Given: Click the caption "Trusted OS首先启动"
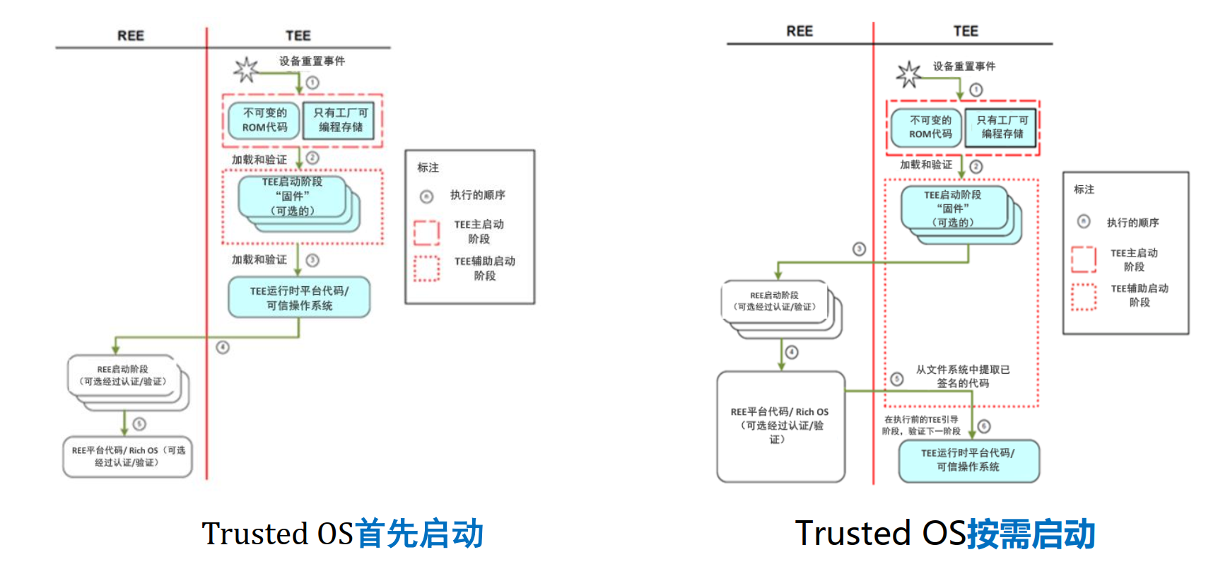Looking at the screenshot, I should click(342, 534).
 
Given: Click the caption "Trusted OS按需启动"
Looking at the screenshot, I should click(944, 534).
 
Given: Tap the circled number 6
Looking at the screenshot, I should click(984, 426).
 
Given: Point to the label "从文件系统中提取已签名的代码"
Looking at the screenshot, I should click(963, 376).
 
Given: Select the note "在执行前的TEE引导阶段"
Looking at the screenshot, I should click(921, 425).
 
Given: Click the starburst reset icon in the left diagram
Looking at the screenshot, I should click(246, 70).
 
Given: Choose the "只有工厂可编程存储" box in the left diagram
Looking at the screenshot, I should click(340, 120).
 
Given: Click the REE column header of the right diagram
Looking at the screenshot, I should click(799, 31).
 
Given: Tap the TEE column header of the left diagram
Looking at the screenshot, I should click(298, 35).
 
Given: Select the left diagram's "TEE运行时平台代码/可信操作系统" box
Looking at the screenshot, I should click(299, 298).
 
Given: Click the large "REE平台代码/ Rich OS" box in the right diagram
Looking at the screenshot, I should click(780, 426).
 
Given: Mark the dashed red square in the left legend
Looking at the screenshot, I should click(426, 232).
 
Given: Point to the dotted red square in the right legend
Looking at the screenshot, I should click(1084, 296).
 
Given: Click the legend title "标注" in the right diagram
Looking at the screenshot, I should click(1084, 189).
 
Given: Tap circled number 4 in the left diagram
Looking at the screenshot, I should click(223, 347).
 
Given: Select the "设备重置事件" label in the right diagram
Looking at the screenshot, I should click(963, 66).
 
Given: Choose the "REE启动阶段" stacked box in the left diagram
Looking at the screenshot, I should click(123, 377).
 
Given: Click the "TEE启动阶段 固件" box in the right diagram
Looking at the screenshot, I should click(953, 209).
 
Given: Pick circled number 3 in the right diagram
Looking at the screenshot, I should click(859, 249).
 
